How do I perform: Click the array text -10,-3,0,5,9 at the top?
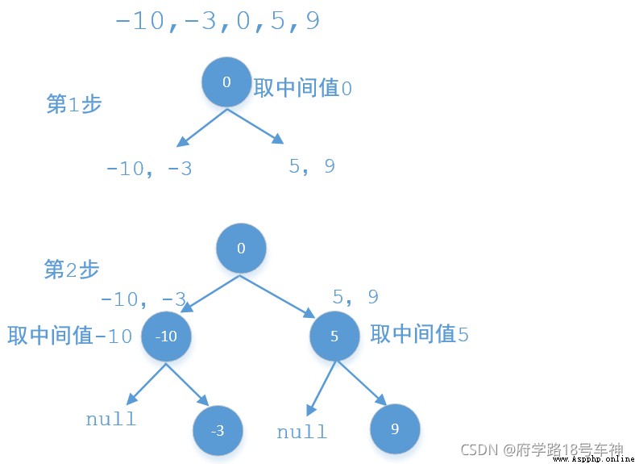point(218,21)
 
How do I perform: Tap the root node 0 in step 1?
point(226,82)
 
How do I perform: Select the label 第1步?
point(73,104)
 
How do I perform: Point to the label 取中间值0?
point(303,88)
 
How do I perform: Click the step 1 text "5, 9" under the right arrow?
point(312,166)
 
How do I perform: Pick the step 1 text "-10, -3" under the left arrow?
point(148,169)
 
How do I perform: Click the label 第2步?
point(71,270)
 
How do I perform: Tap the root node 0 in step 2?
point(241,248)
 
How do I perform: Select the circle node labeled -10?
point(166,337)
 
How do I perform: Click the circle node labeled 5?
point(334,337)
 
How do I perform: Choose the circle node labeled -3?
point(218,430)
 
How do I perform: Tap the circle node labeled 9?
point(395,428)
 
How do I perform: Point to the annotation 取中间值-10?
point(70,336)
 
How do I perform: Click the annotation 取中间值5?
point(420,335)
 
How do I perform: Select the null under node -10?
point(111,419)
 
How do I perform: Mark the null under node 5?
point(301,432)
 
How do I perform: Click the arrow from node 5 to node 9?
point(362,382)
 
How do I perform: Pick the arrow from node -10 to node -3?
point(187,384)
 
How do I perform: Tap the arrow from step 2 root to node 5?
point(277,296)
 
